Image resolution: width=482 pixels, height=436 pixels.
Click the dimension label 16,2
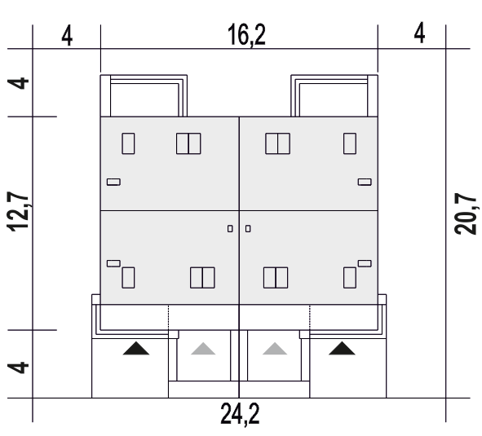(x=246, y=36)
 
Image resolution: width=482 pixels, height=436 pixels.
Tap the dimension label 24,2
(x=240, y=415)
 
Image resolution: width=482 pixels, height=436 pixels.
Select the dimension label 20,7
(x=466, y=214)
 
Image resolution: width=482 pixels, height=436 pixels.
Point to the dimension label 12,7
(x=18, y=211)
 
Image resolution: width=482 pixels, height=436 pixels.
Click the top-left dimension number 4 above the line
(x=67, y=36)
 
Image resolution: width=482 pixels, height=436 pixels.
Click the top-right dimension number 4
(x=419, y=33)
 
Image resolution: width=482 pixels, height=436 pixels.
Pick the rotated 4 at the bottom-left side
(x=18, y=368)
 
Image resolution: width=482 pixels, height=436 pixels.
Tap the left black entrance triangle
(x=136, y=349)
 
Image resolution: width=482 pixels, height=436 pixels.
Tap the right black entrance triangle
(x=342, y=349)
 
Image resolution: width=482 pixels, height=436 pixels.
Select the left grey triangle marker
(x=203, y=349)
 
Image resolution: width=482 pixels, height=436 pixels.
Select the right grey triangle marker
(x=275, y=349)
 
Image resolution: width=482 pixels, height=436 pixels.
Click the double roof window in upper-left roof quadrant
(x=188, y=143)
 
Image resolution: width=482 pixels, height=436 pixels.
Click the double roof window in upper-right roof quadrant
(x=277, y=143)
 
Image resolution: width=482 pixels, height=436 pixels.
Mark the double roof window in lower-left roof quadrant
(x=202, y=278)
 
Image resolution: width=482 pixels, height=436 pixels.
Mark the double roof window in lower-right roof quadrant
(x=276, y=278)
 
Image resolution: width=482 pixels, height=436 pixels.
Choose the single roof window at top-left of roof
(x=128, y=143)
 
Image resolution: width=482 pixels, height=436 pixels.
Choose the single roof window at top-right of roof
(x=350, y=143)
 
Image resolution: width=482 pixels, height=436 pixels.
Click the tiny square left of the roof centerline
(x=230, y=229)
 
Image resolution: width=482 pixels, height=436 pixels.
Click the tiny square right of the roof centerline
(x=248, y=229)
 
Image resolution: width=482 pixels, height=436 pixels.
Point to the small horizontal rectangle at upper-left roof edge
(x=113, y=183)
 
